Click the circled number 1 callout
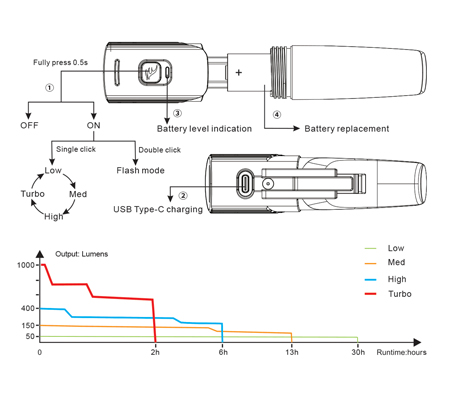(x=49, y=88)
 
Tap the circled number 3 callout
(x=177, y=113)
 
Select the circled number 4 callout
(x=277, y=115)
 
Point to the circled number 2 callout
(x=183, y=196)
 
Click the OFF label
(x=29, y=125)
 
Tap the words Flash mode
(x=140, y=170)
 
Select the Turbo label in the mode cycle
(x=33, y=194)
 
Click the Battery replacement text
(x=347, y=129)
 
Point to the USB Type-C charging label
(x=158, y=209)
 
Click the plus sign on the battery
(x=239, y=72)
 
